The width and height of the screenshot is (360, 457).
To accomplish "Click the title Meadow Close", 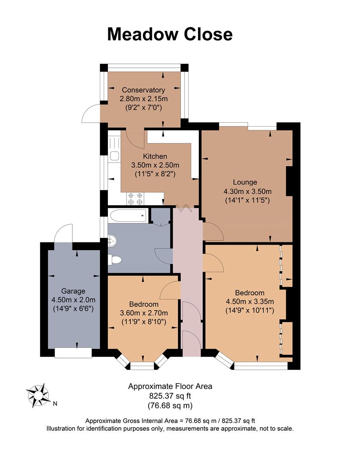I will tap(170, 34).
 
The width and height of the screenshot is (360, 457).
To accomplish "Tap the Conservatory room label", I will tap(143, 90).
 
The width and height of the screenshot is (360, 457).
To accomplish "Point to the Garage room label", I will tap(73, 291).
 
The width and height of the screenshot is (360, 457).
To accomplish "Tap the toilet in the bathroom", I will tap(115, 259).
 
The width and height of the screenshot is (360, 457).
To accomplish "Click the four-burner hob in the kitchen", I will tap(135, 199).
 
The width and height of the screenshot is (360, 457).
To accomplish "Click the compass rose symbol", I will tap(38, 395).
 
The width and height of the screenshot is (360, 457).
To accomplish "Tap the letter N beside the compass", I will tap(55, 404).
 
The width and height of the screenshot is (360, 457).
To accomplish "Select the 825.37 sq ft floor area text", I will tap(170, 396).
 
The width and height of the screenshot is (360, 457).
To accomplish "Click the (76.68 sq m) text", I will tap(170, 406).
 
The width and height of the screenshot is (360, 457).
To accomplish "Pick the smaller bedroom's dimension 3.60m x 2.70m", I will tap(144, 313).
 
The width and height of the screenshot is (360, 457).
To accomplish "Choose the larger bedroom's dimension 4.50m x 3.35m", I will tap(250, 302).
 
